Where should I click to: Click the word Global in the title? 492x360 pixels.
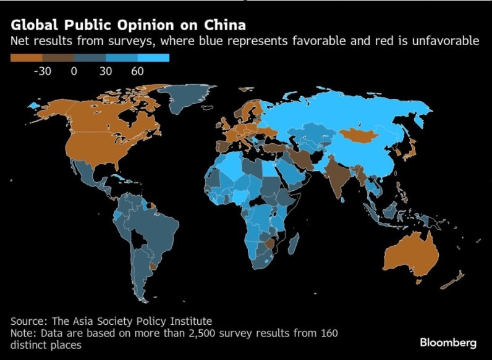[33, 25]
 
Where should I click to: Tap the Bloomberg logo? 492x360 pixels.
[448, 342]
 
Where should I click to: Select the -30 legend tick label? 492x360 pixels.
[41, 71]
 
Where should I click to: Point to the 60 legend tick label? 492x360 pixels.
[137, 71]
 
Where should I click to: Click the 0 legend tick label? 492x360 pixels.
[74, 71]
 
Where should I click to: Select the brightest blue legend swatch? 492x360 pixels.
[153, 58]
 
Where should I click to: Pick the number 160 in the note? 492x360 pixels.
[328, 333]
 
